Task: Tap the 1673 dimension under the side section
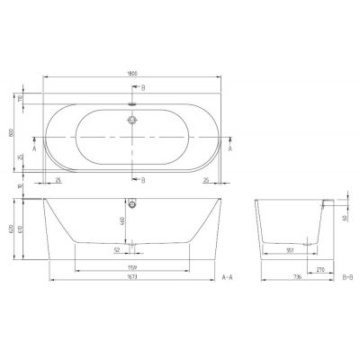[132, 281]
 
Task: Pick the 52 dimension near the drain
[118, 251]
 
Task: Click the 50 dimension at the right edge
[343, 217]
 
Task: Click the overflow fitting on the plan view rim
[132, 103]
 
